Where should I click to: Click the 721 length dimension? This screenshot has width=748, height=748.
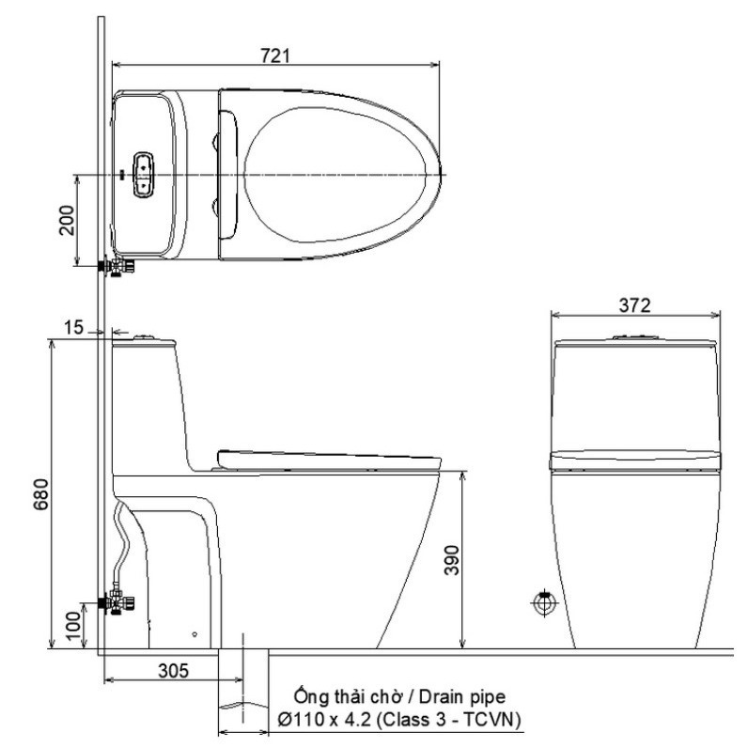(275, 55)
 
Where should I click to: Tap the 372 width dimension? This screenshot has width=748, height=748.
(635, 305)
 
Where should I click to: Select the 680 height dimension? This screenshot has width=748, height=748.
(41, 494)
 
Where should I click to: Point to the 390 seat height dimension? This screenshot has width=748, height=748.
(451, 560)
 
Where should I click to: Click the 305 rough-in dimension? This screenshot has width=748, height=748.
(173, 670)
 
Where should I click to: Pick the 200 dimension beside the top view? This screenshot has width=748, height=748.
(67, 220)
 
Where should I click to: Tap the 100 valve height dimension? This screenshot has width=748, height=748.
(72, 626)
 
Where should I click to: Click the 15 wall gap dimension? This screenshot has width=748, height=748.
(74, 328)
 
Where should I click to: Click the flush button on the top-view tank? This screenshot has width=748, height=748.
(143, 175)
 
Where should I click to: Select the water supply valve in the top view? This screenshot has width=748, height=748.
(117, 266)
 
